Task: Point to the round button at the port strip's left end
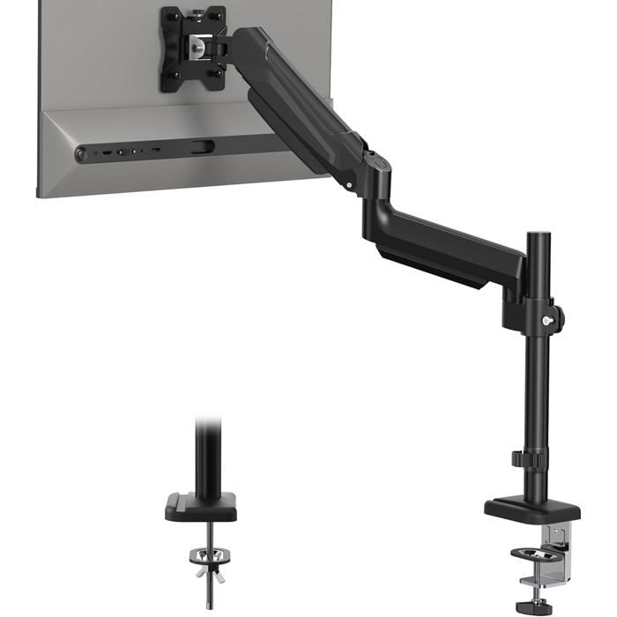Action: point(83,155)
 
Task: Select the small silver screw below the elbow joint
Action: point(350,185)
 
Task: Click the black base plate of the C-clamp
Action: point(532,509)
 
